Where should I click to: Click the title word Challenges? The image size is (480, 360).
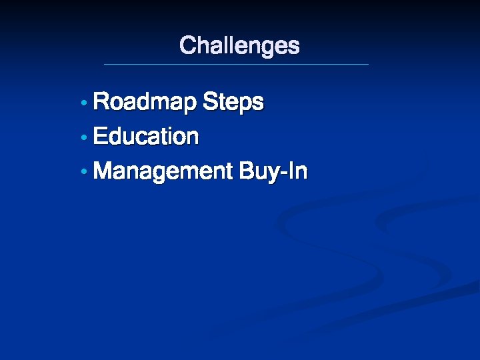(x=239, y=46)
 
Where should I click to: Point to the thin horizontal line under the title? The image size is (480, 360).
(x=236, y=64)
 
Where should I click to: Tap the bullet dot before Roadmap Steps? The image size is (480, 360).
(x=83, y=104)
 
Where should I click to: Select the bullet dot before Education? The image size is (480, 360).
(x=83, y=138)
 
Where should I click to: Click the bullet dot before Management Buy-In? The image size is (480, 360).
(x=83, y=173)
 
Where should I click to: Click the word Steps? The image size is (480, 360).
(x=233, y=103)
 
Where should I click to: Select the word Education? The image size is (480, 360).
(x=146, y=137)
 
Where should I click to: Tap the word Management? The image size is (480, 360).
(x=162, y=171)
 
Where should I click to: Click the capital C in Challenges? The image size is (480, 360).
(x=188, y=45)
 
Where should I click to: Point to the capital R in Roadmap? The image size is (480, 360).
(x=102, y=102)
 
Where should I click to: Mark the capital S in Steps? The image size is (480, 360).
(x=210, y=102)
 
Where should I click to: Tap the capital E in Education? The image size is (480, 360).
(x=101, y=137)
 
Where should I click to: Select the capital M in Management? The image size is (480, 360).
(x=104, y=171)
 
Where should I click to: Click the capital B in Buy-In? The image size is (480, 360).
(x=245, y=171)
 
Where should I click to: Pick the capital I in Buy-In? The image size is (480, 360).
(x=291, y=171)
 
